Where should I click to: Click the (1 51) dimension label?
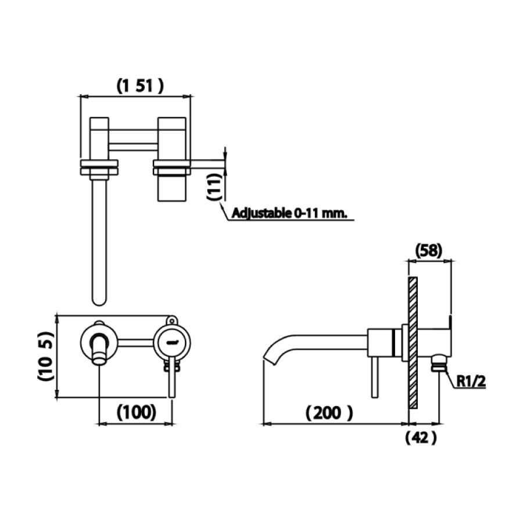pyautogui.click(x=139, y=86)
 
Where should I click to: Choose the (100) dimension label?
pyautogui.click(x=137, y=412)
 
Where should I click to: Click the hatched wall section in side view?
pyautogui.click(x=413, y=343)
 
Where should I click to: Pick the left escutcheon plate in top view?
pyautogui.click(x=99, y=167)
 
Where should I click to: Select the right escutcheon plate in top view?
pyautogui.click(x=172, y=167)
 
